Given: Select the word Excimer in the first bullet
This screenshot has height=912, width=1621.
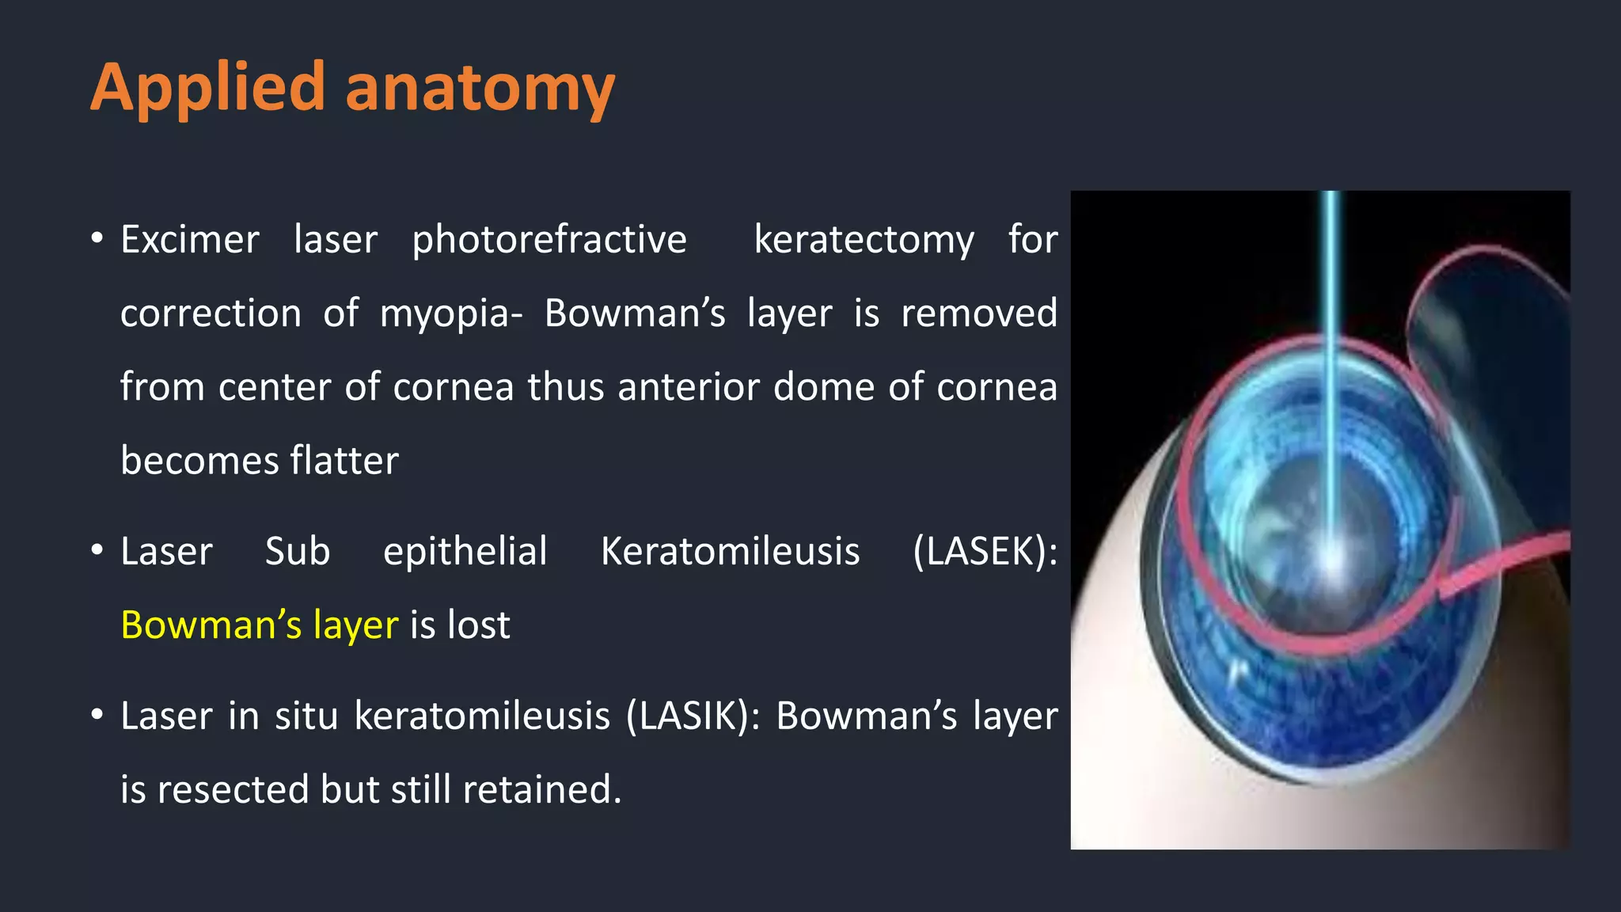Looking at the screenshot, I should (x=190, y=239).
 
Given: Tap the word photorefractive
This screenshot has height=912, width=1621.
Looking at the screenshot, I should (x=549, y=239).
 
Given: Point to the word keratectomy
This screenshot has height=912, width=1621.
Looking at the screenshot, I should (x=864, y=239).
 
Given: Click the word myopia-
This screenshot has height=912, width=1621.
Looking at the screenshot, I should (x=451, y=313).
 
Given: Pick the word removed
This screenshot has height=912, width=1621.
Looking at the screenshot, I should (x=979, y=313).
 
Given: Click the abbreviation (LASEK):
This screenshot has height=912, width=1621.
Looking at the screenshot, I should (x=985, y=551).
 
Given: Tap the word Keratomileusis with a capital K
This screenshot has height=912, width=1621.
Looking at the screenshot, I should (x=730, y=551).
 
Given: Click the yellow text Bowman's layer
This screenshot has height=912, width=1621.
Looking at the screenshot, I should (x=260, y=625).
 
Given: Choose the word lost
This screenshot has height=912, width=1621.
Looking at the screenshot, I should (x=479, y=625).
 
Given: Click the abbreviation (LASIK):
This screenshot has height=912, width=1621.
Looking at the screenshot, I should (x=693, y=716).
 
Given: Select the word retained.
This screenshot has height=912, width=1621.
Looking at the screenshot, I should (x=541, y=789).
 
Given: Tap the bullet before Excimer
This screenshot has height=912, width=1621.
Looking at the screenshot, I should (x=97, y=238).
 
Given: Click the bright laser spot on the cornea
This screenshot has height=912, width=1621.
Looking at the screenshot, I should (x=1333, y=559).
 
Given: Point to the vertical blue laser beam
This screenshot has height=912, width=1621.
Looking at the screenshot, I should (x=1331, y=356).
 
